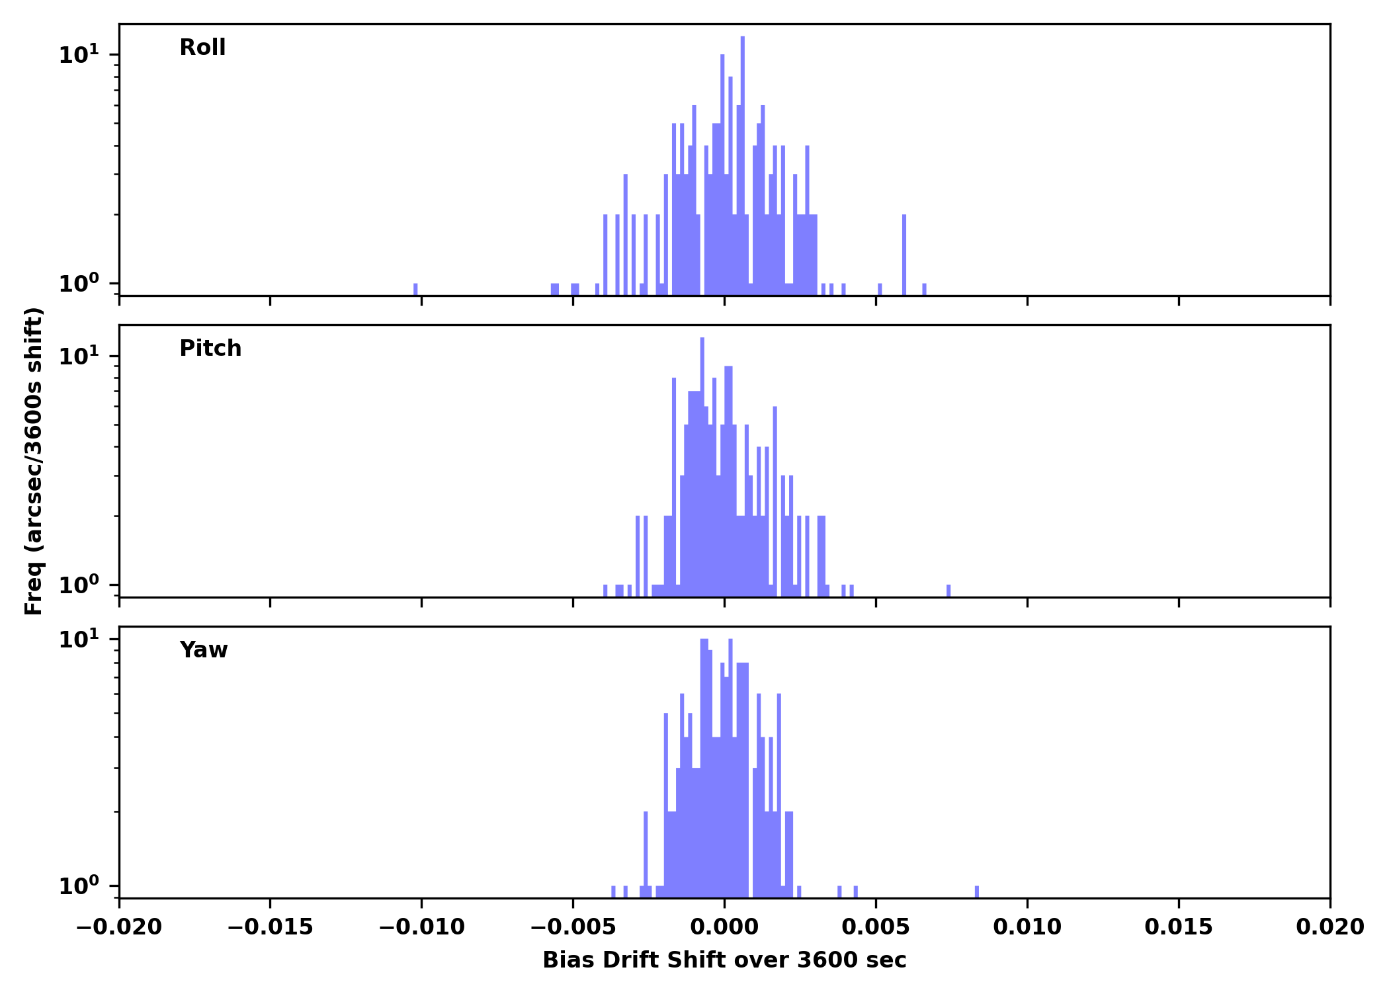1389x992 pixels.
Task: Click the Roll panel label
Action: (x=202, y=48)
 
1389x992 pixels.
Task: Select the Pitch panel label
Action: (x=210, y=349)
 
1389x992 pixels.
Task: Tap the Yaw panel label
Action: (x=204, y=650)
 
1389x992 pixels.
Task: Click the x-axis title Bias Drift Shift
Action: (x=724, y=960)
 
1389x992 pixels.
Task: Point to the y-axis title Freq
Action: (x=34, y=461)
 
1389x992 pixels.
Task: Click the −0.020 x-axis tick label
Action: (x=119, y=927)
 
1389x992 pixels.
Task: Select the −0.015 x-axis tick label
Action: (x=270, y=927)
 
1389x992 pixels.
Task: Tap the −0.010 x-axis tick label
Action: (x=421, y=927)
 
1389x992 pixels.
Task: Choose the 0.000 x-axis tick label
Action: (x=724, y=927)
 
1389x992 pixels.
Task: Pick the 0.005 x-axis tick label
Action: (x=876, y=927)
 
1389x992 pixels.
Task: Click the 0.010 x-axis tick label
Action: (x=1027, y=927)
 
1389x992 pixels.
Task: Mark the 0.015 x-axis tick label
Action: (x=1179, y=927)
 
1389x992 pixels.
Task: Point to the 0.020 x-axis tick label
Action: (x=1329, y=927)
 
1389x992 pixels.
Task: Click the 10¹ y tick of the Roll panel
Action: (x=79, y=55)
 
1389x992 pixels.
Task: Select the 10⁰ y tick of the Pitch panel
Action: (x=79, y=585)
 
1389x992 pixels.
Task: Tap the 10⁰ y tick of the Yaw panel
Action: (x=79, y=886)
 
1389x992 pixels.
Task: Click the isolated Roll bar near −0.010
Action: (x=415, y=290)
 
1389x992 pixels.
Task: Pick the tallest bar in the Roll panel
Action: (x=743, y=165)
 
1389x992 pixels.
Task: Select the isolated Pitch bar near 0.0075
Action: (x=948, y=591)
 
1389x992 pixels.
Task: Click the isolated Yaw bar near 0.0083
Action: (x=977, y=891)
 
